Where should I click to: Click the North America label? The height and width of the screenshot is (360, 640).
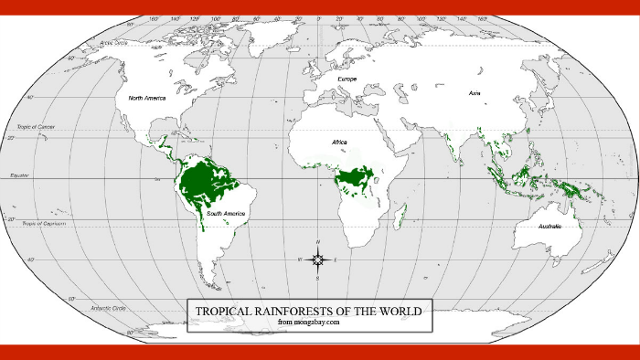coord(147,97)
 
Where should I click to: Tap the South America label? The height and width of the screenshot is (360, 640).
coord(225,213)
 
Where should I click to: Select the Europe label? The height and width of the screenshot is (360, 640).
coord(347,79)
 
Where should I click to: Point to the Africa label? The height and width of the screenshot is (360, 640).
coord(339,143)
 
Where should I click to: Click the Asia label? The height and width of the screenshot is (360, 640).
coord(474,93)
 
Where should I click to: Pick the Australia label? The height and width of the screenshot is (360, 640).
coord(549,226)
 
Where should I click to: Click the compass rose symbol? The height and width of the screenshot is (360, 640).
coord(317,259)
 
